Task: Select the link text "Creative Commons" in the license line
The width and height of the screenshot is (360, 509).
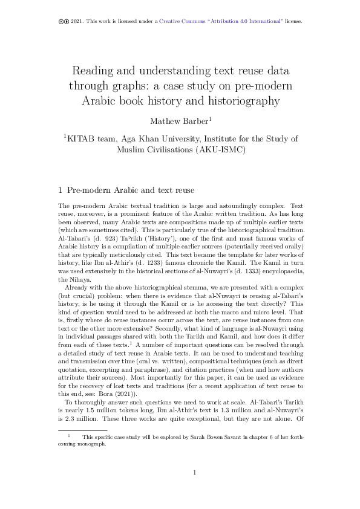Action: coord(183,21)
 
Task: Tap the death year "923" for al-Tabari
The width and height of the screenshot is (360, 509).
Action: coord(100,238)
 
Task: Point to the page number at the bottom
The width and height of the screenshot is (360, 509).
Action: coord(194,490)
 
